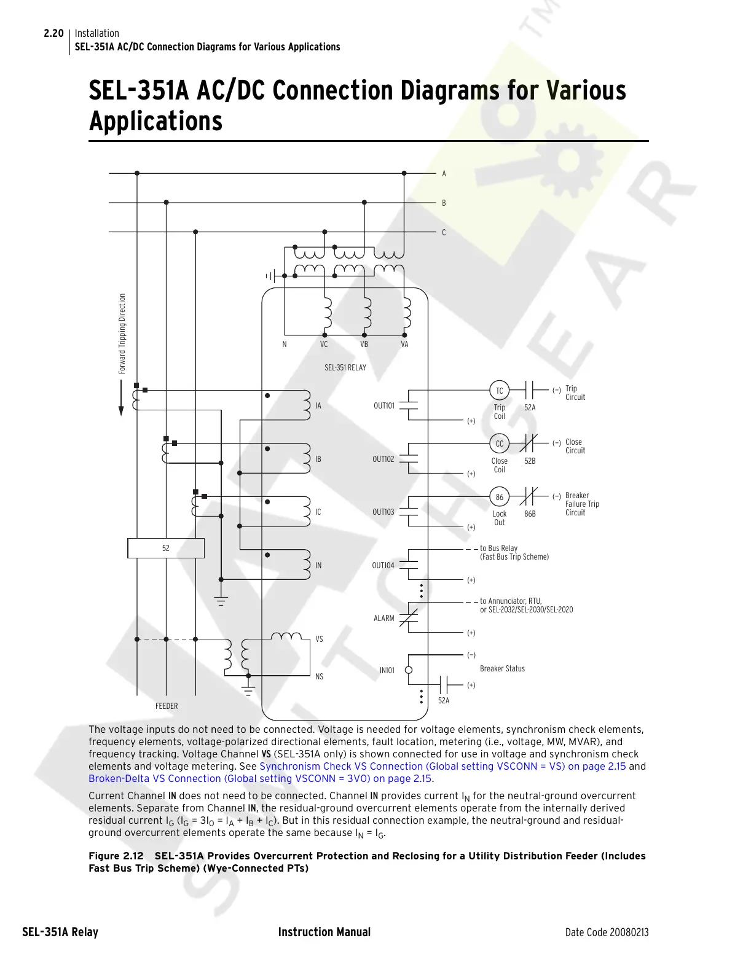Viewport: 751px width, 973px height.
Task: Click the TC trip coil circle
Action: [x=499, y=391]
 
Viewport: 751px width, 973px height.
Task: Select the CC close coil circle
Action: [x=499, y=444]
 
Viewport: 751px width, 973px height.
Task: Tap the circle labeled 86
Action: [x=499, y=497]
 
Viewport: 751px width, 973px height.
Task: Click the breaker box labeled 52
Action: [x=166, y=548]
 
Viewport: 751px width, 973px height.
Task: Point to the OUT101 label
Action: [x=384, y=405]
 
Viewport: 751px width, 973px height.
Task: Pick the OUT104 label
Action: [x=383, y=565]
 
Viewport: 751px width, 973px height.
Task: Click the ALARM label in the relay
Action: [x=384, y=618]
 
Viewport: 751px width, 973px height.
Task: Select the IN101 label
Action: [x=387, y=670]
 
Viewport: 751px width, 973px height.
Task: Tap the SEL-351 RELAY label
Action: [x=345, y=367]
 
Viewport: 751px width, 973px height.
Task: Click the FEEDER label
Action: [x=167, y=706]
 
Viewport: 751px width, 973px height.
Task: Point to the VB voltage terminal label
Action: [x=364, y=345]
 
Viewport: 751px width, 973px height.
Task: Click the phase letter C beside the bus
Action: [x=444, y=232]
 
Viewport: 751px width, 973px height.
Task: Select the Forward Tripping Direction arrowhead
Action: [x=121, y=410]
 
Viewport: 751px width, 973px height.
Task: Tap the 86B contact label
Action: [x=530, y=514]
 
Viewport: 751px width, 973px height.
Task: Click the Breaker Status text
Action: [x=502, y=668]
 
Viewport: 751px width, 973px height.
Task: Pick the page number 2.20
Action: [x=53, y=33]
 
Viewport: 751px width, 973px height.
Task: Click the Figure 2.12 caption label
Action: [x=116, y=856]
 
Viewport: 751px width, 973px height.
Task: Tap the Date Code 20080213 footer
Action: [x=607, y=932]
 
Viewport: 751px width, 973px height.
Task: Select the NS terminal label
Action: [x=319, y=676]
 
